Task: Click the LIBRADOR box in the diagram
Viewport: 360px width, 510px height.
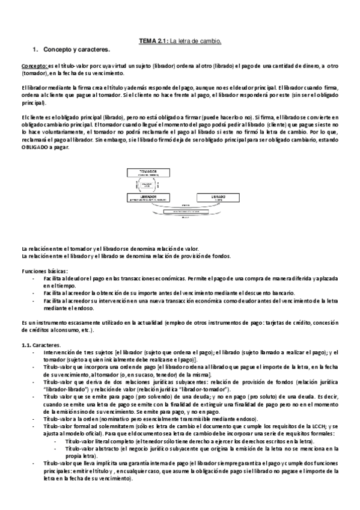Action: click(147, 198)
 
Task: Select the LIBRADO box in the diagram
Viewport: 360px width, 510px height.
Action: click(211, 198)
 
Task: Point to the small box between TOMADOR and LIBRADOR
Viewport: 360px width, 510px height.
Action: click(147, 185)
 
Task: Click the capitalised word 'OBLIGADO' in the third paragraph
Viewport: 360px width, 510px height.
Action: click(36, 147)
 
